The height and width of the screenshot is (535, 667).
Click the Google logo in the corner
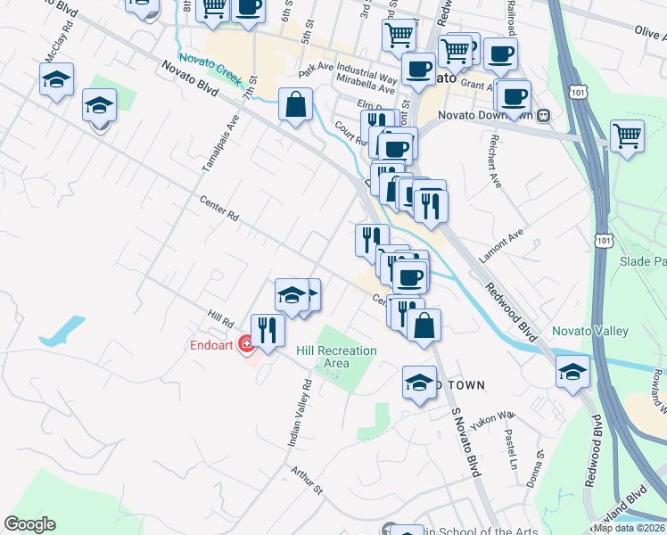(x=30, y=524)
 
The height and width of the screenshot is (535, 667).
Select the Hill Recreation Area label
(x=336, y=357)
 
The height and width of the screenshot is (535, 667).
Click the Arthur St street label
(x=305, y=479)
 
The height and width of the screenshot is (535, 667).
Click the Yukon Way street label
(x=493, y=420)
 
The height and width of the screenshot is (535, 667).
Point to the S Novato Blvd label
(x=465, y=443)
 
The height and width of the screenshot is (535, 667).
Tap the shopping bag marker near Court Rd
(x=295, y=104)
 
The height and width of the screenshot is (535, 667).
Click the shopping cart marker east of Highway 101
(x=628, y=136)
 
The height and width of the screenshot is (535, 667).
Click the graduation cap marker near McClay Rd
(x=56, y=79)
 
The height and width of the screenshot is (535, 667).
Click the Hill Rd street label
(x=219, y=317)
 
